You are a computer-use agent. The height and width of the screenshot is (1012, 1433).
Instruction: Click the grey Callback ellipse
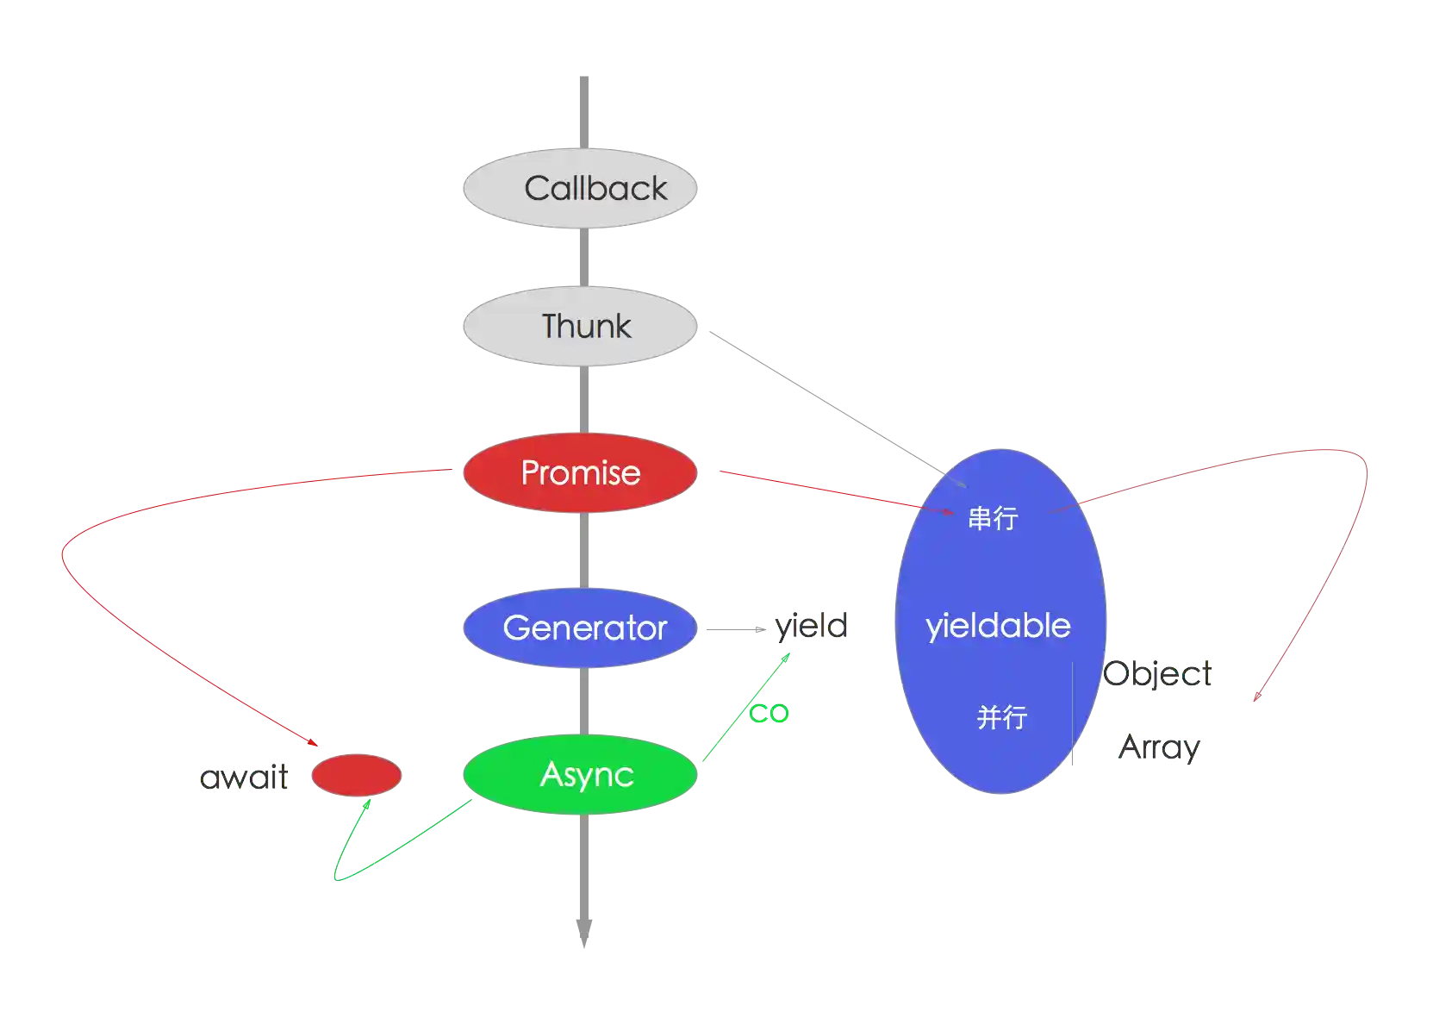pos(579,188)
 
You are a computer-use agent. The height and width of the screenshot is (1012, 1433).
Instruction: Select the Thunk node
pos(579,327)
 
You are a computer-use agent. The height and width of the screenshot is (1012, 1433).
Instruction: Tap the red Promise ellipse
pos(579,472)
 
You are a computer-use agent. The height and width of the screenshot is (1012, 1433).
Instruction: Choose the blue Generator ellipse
pos(579,628)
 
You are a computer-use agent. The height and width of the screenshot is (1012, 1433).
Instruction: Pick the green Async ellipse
pos(579,774)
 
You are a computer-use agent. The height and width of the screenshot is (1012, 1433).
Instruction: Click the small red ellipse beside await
pos(356,775)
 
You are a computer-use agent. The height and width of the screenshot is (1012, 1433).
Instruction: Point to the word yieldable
pos(998,626)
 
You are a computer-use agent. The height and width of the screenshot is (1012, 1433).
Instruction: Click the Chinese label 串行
pos(993,518)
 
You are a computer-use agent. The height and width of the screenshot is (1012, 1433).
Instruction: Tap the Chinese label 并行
pos(1001,717)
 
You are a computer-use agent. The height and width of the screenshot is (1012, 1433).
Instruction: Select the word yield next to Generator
pos(813,626)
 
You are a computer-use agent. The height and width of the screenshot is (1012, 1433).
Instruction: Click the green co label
pos(769,713)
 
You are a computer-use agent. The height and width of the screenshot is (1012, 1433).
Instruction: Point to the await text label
pos(244,778)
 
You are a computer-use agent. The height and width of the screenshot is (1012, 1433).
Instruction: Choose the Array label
pos(1160,746)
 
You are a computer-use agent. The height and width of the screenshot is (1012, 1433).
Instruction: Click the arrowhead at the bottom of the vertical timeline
pos(583,940)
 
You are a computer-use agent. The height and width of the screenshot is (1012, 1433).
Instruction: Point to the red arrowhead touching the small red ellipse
pos(315,744)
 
